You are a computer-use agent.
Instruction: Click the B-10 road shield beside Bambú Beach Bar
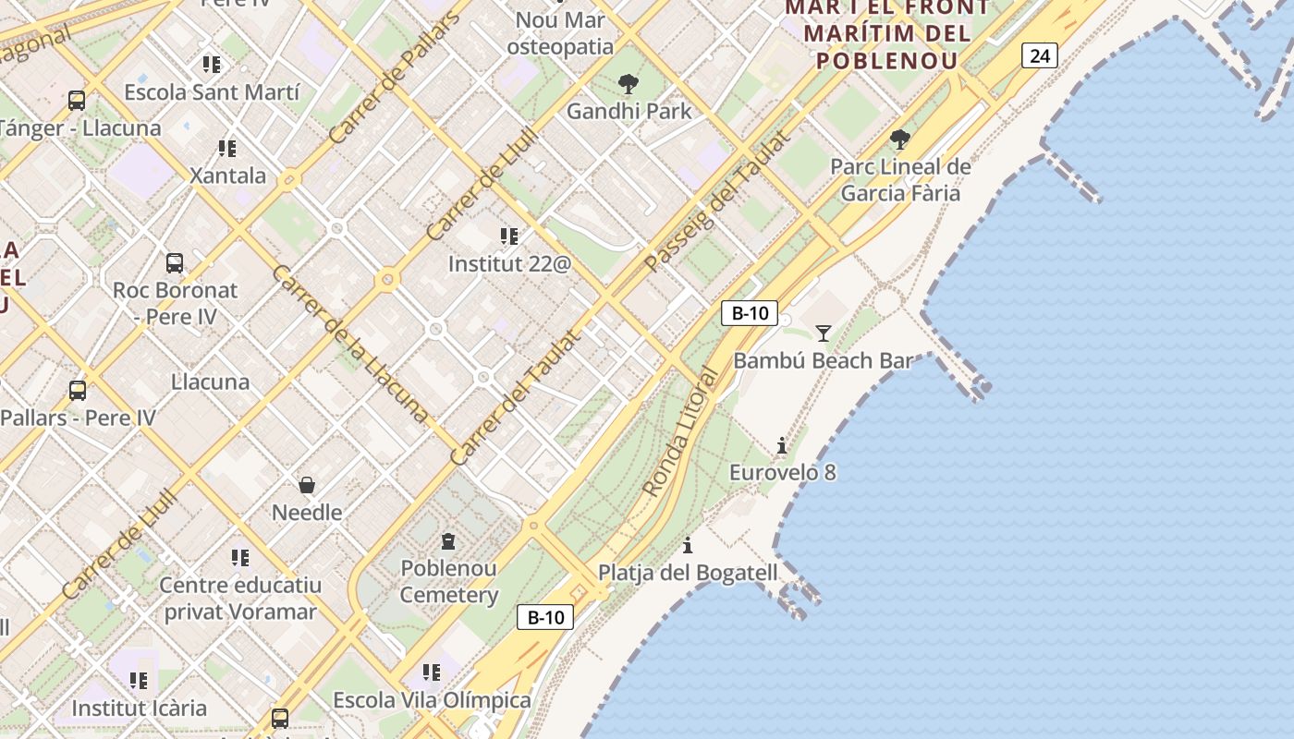749,313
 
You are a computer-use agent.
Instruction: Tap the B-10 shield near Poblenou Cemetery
544,617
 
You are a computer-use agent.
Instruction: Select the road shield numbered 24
1039,55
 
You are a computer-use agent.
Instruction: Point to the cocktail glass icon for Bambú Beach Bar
823,333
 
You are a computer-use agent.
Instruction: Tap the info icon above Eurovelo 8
782,446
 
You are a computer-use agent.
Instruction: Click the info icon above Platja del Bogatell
688,545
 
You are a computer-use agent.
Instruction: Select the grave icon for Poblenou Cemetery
448,541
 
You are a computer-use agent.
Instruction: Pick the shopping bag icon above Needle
307,485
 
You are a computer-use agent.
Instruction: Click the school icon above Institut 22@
509,236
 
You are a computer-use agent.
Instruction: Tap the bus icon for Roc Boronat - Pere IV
175,263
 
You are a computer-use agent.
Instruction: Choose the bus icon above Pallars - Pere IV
78,391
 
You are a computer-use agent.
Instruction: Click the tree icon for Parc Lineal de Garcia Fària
899,140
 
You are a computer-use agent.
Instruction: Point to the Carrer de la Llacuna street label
350,344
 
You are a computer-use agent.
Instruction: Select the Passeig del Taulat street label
717,201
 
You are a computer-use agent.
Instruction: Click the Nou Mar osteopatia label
560,33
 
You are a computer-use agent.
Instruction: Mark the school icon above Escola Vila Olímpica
432,672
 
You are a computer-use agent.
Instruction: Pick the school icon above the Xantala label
227,149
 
